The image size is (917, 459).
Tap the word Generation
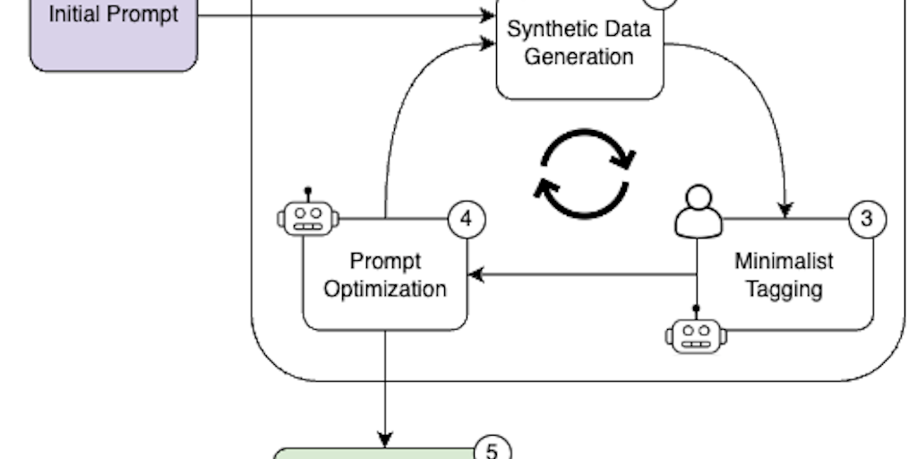(579, 56)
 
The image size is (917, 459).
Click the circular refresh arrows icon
(585, 174)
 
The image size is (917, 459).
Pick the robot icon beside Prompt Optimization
(308, 216)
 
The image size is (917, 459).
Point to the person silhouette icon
(698, 212)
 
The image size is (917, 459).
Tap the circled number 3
(867, 218)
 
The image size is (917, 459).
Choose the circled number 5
(492, 450)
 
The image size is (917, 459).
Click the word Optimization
(385, 290)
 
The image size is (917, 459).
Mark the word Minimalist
(784, 261)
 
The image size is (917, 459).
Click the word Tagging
(784, 289)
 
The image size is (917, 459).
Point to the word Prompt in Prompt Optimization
(385, 262)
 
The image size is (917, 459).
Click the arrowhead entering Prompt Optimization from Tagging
(476, 274)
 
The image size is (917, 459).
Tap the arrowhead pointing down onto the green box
(385, 440)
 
